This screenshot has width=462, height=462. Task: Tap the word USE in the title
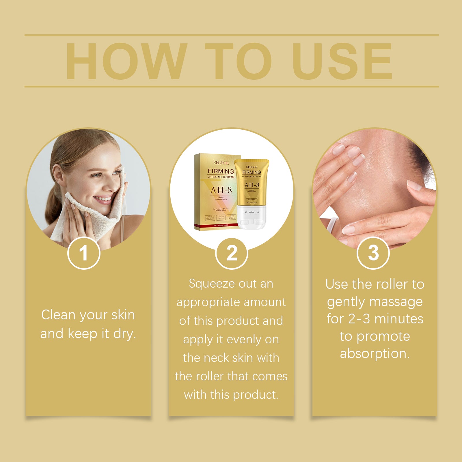point(342,61)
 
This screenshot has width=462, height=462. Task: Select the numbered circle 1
point(84,253)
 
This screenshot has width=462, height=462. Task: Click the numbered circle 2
point(232,254)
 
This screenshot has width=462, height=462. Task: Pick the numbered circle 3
point(373,253)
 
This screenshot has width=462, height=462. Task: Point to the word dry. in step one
point(124,334)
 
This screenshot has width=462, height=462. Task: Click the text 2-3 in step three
point(359,319)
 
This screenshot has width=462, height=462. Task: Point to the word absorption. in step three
point(375,354)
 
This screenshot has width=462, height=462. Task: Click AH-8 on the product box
point(221,190)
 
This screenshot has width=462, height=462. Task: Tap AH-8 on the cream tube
point(252,185)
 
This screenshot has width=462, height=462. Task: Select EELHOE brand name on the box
point(221,163)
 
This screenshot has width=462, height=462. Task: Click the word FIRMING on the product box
point(221,171)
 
